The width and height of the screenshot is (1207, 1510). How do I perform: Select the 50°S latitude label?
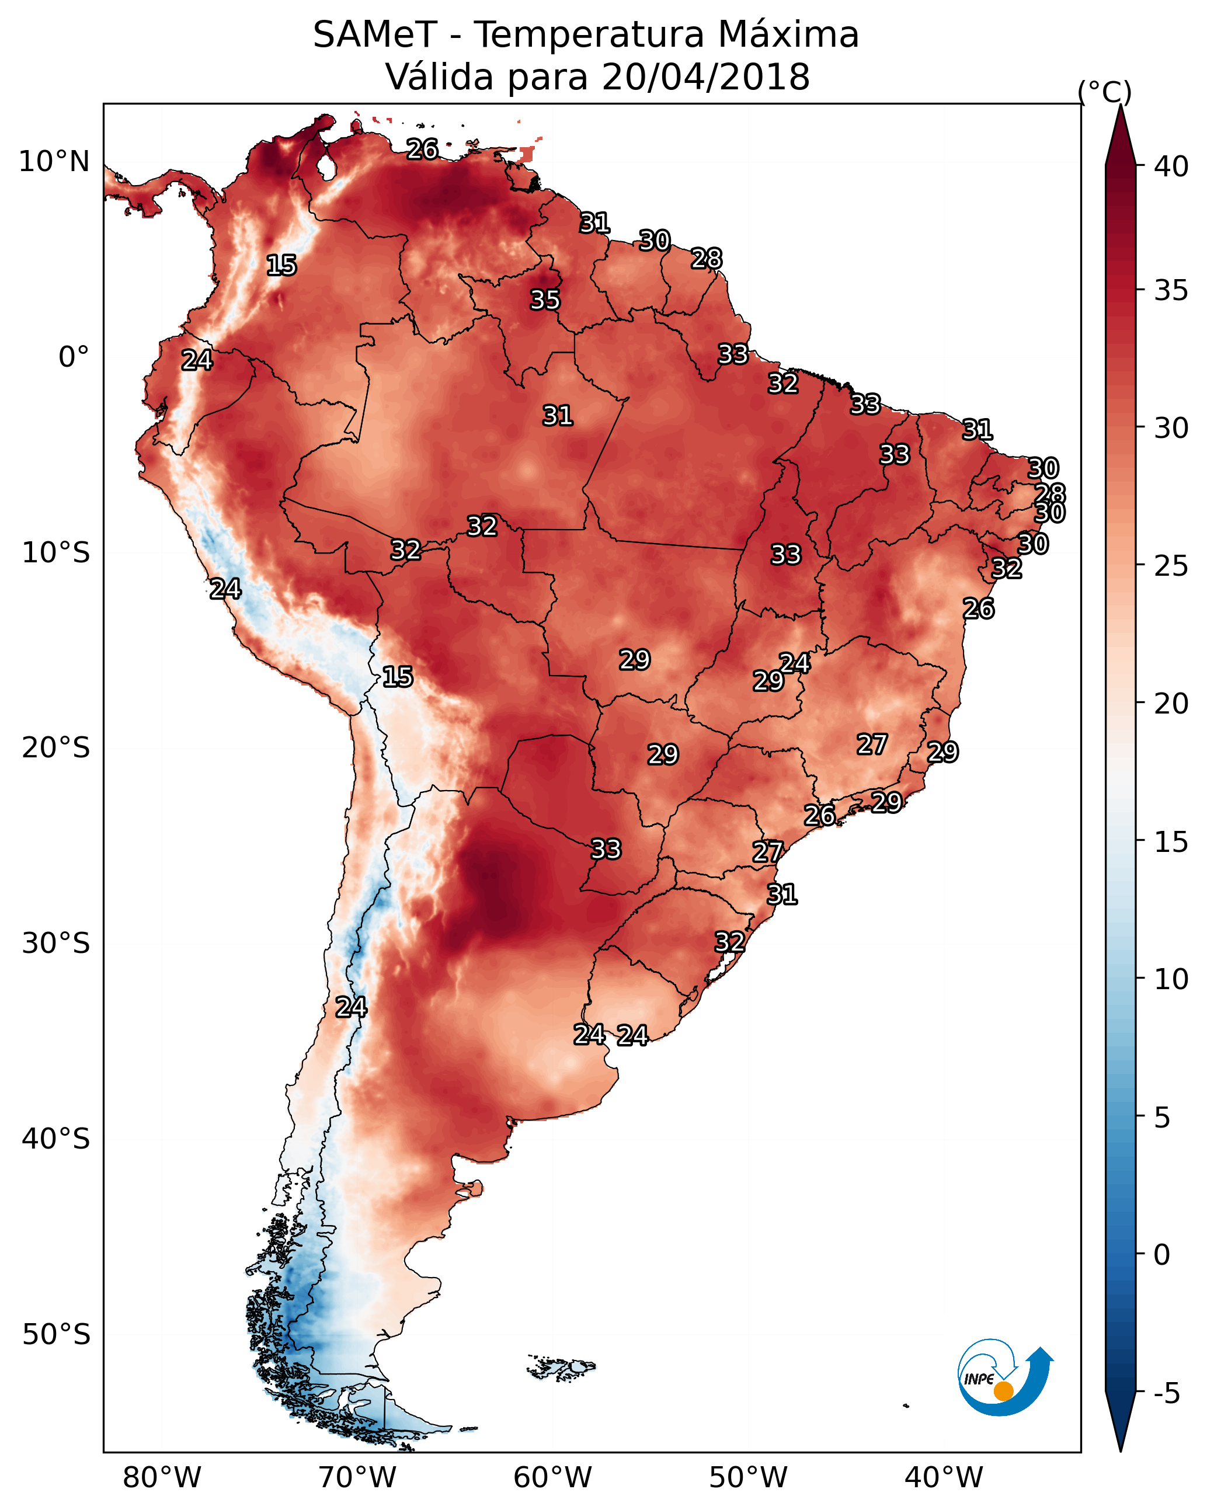coord(56,1335)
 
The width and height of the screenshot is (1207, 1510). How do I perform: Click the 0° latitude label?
coord(74,357)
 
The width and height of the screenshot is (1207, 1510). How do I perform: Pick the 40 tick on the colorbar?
coord(1171,166)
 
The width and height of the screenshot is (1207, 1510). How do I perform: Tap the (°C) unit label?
coord(1105,92)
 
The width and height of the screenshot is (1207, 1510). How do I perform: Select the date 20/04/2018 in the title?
coord(705,76)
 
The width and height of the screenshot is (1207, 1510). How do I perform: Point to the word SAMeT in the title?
coord(375,35)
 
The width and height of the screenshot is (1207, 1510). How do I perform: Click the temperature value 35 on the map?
coord(545,300)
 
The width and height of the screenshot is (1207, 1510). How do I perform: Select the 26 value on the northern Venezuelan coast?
coord(422,149)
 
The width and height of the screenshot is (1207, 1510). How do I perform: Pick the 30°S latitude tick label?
coord(56,944)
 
